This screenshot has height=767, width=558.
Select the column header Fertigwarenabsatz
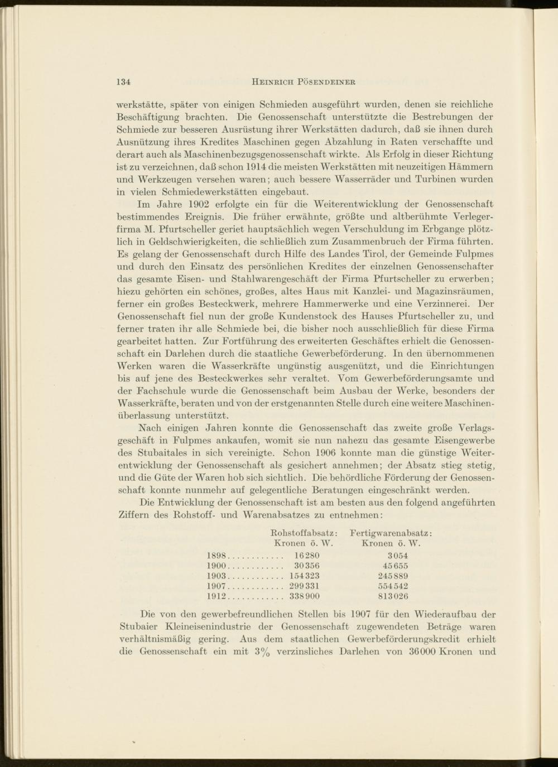(391, 533)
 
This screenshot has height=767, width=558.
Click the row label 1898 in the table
(215, 556)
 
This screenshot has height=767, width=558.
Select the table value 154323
(304, 576)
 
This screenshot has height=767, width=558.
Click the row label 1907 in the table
(215, 586)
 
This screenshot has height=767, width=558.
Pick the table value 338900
(304, 596)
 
